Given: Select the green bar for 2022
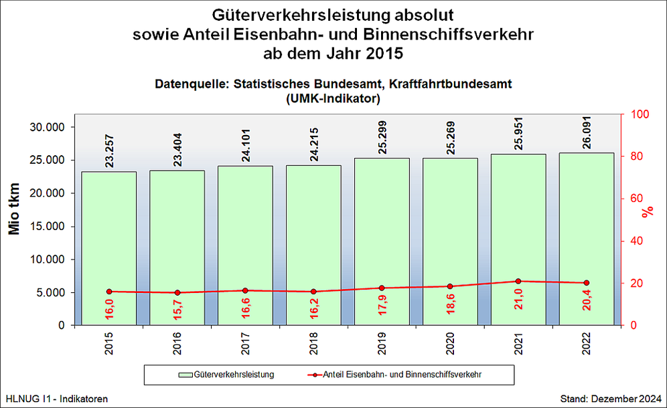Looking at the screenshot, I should click(587, 221).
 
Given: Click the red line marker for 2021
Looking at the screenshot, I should click(518, 282).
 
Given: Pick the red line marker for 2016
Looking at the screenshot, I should click(177, 292).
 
